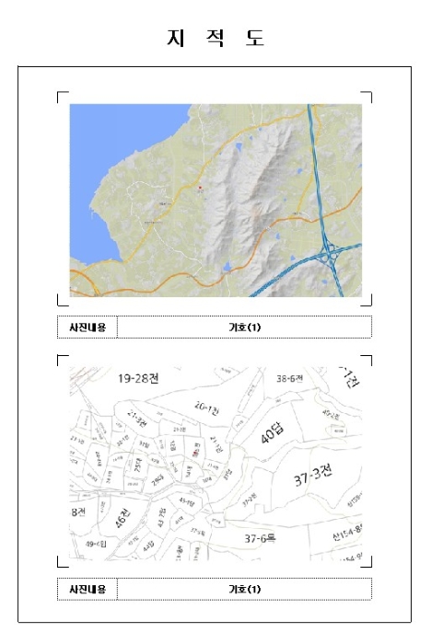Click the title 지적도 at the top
215,38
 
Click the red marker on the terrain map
199,188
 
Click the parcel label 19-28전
139,378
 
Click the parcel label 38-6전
290,377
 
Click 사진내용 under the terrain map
87,327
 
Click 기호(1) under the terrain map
244,327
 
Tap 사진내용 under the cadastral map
87,589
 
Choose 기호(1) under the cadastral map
244,589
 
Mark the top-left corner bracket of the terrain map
61,95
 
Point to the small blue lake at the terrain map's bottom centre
227,268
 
